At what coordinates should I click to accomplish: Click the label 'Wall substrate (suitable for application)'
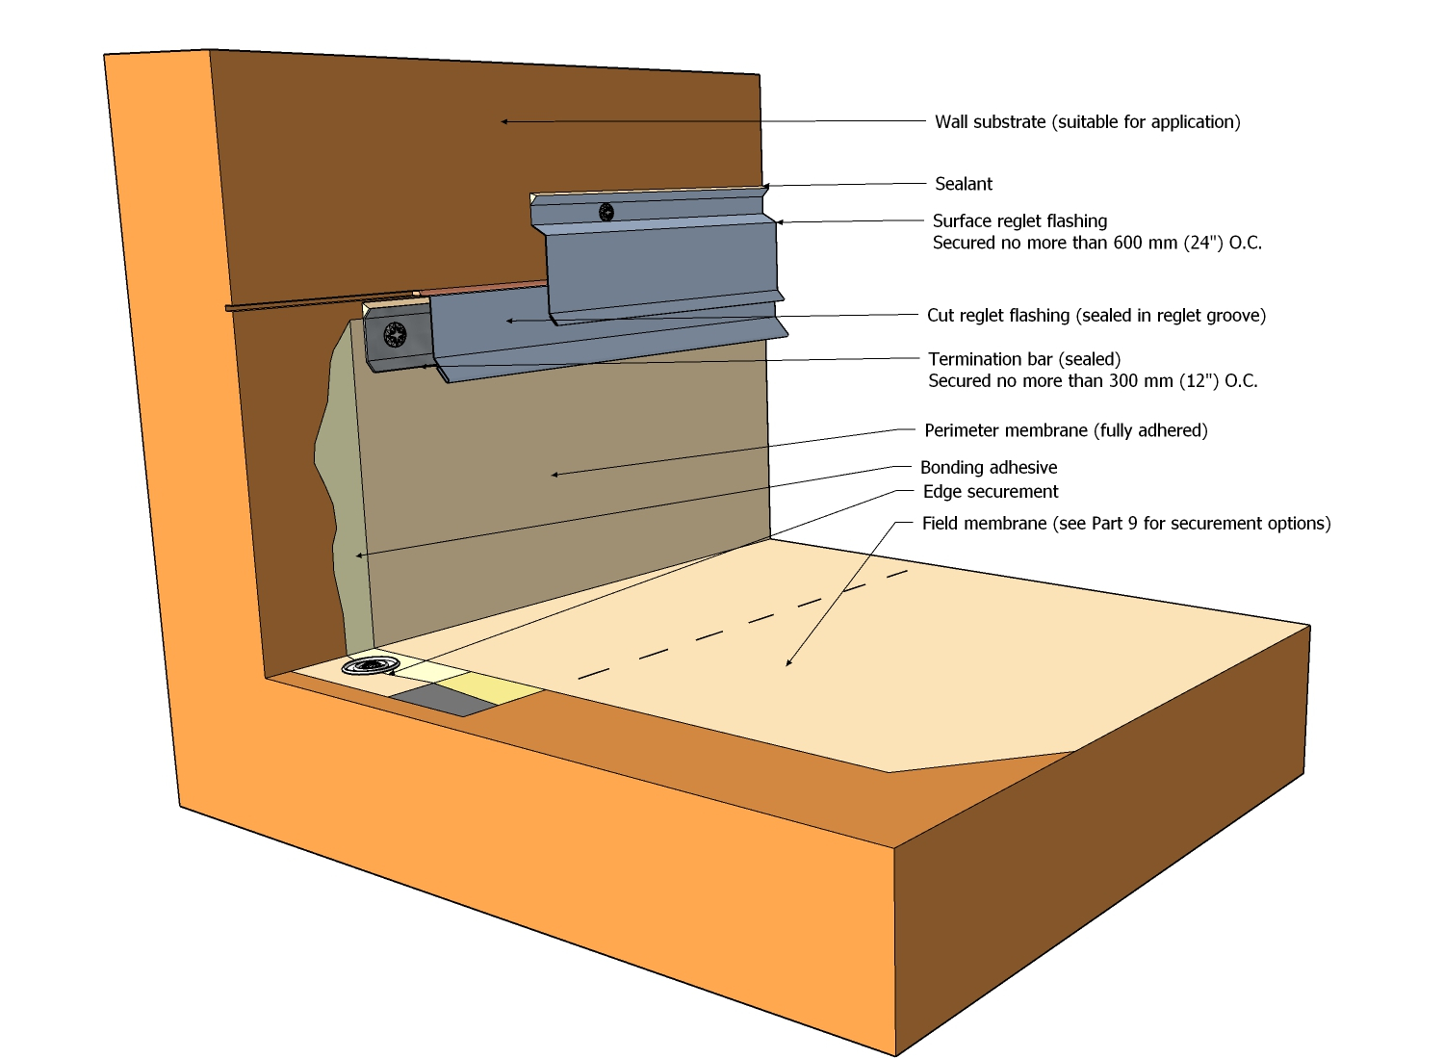[x=1087, y=122]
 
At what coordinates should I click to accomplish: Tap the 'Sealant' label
[x=963, y=184]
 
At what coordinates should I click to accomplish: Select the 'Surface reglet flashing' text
[x=1019, y=221]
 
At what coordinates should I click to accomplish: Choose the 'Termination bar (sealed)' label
[x=1024, y=359]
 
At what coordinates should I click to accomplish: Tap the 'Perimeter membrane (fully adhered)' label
[x=1066, y=430]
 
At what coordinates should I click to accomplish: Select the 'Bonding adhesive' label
[x=989, y=468]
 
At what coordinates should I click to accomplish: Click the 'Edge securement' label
[x=991, y=492]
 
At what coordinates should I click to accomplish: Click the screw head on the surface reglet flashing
[x=606, y=212]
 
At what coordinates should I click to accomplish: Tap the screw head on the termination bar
[x=395, y=335]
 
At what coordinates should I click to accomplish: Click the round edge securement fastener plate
[x=371, y=666]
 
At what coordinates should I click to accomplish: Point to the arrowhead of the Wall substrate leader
[x=503, y=121]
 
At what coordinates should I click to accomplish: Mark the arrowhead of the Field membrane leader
[x=788, y=663]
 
